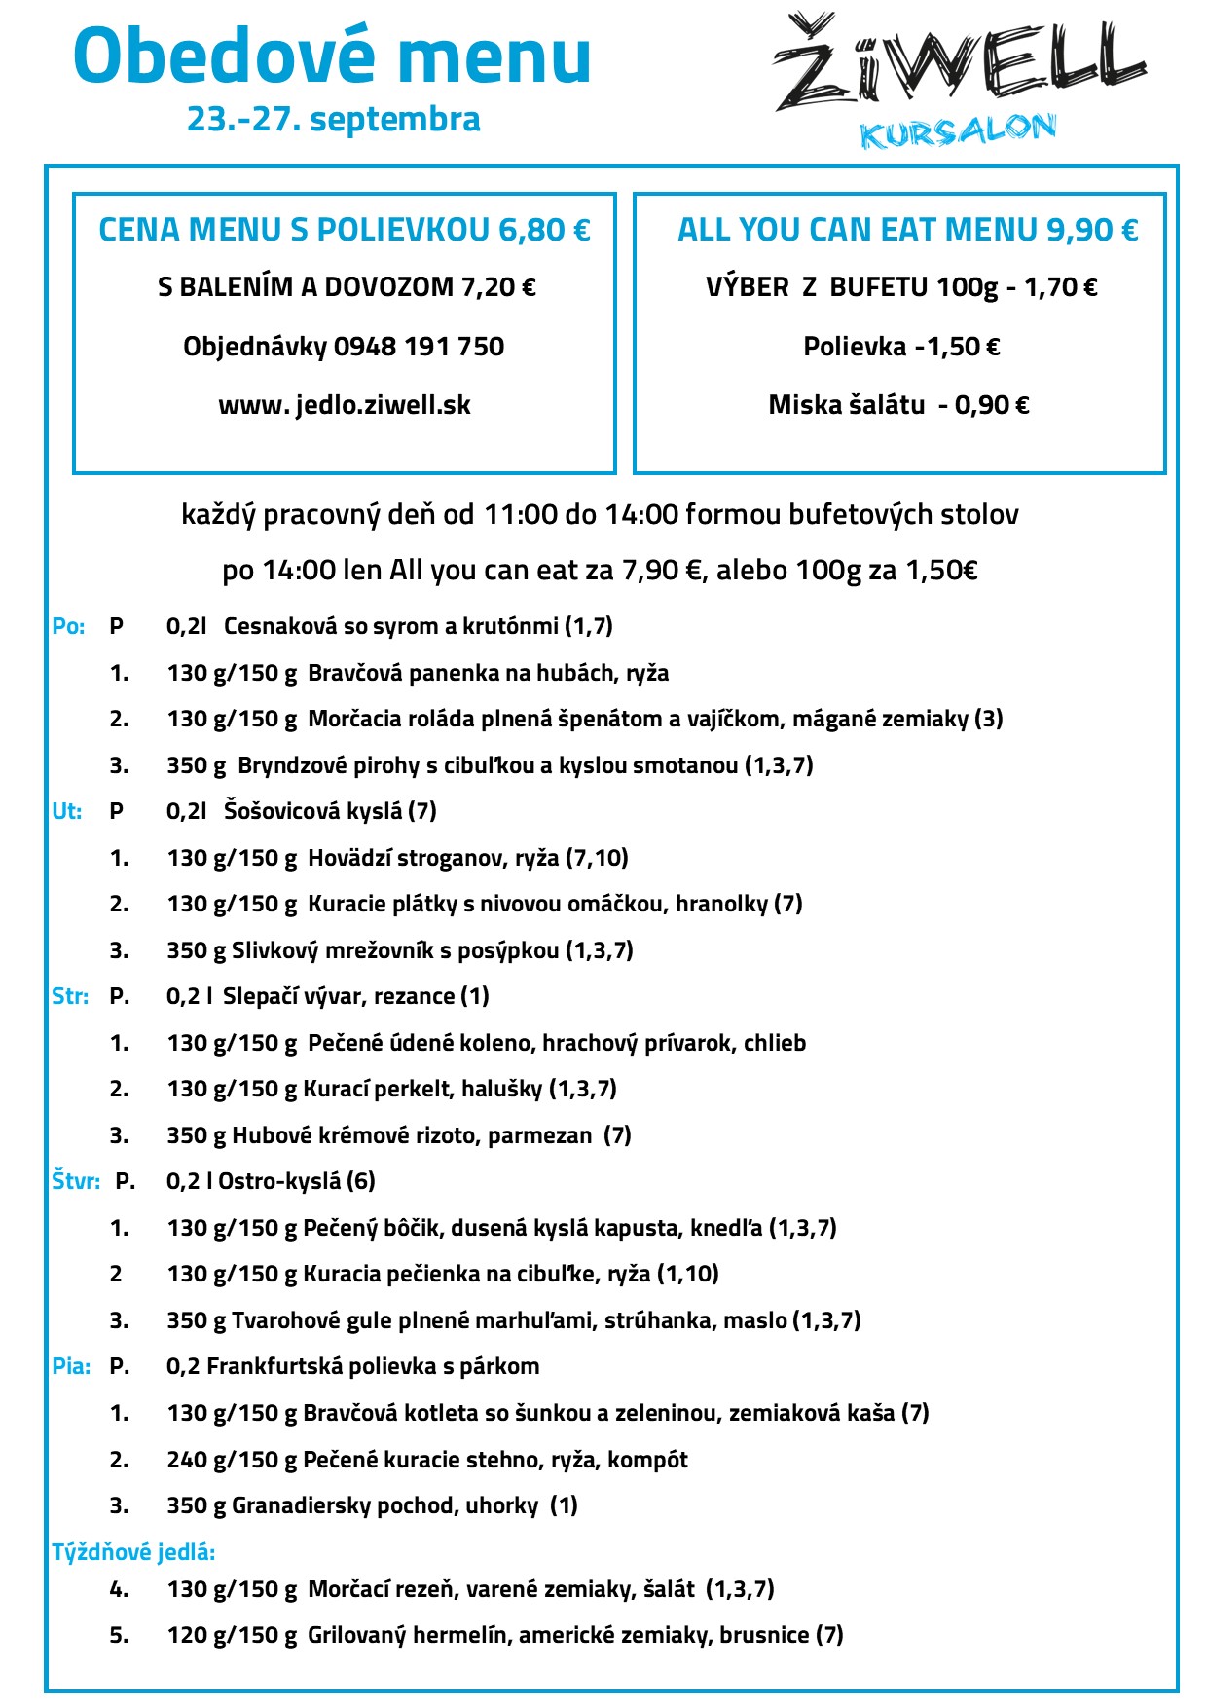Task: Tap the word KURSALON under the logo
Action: (958, 131)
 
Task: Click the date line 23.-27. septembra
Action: (334, 119)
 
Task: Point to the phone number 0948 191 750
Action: (419, 347)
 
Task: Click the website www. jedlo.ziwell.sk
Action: (345, 405)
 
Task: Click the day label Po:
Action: (68, 626)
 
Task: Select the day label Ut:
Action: (66, 811)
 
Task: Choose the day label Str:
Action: (70, 996)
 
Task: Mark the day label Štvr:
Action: (76, 1181)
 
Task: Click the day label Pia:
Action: (71, 1366)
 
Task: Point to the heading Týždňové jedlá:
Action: (133, 1552)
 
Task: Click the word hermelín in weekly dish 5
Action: (460, 1635)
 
